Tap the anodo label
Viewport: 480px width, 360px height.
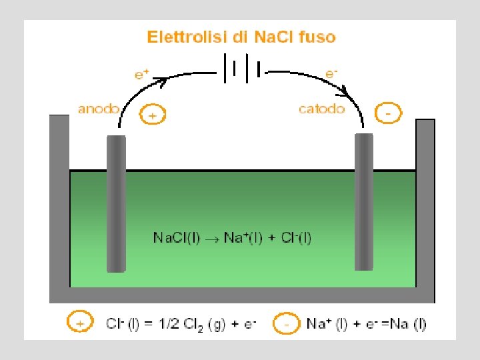click(99, 109)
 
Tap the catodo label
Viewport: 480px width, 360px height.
click(322, 109)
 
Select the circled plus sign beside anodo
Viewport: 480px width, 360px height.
click(153, 115)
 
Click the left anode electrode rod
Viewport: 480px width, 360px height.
click(116, 203)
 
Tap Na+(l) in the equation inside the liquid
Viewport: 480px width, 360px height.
click(242, 237)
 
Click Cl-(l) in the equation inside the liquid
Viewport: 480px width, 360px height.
click(295, 237)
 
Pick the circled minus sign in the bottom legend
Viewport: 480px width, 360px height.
click(287, 323)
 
